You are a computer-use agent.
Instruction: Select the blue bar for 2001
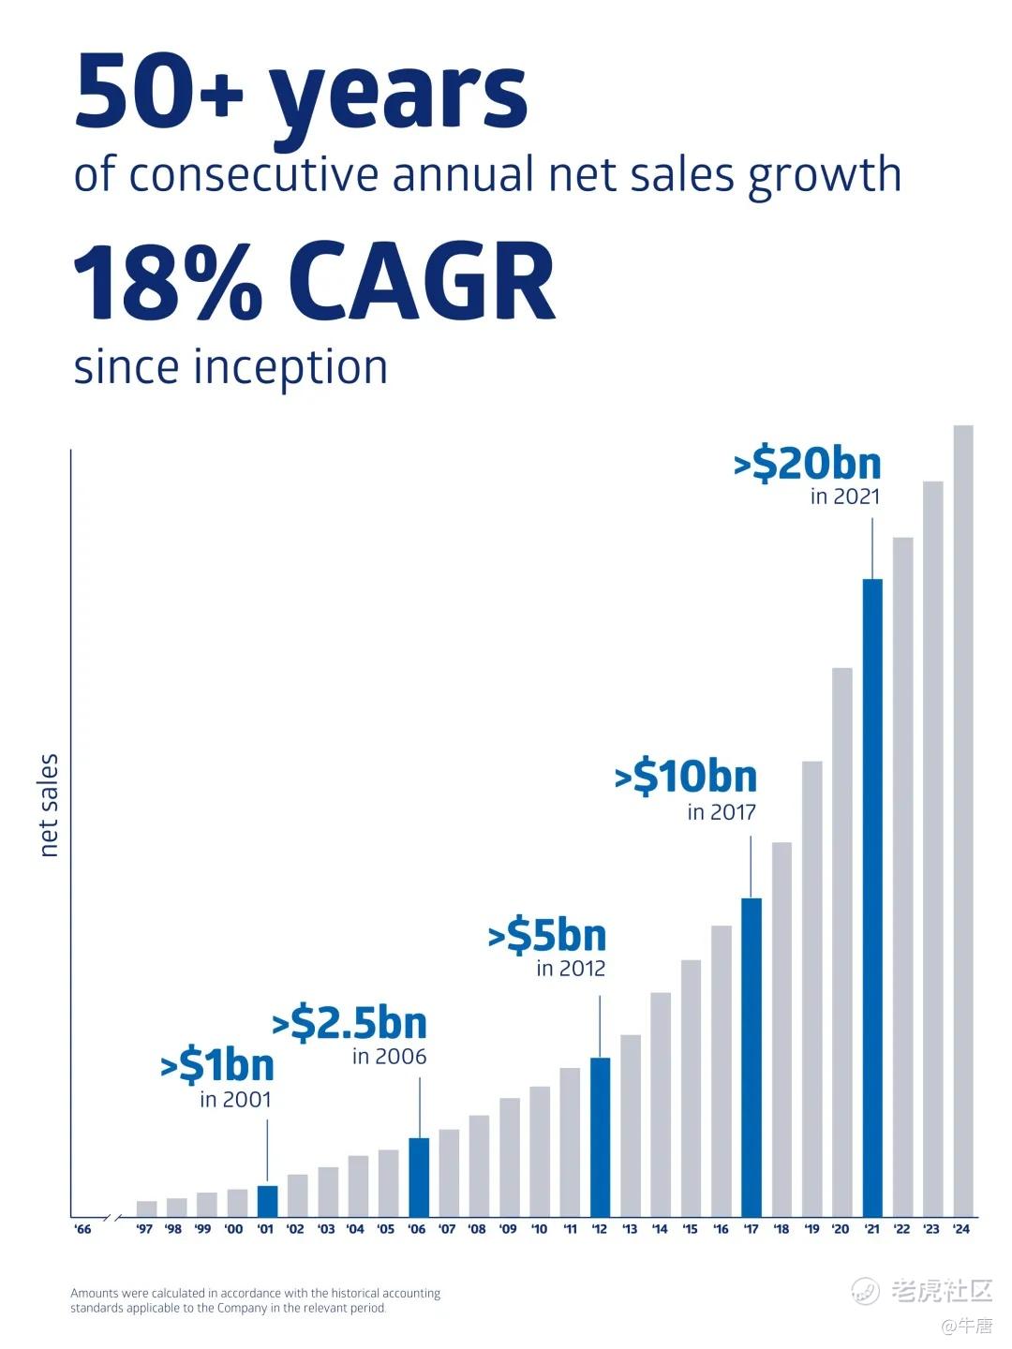267,1200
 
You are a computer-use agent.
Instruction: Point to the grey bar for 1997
146,1208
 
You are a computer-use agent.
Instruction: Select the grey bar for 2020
842,941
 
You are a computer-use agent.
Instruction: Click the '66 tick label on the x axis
82,1229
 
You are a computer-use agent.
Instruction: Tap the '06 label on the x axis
417,1229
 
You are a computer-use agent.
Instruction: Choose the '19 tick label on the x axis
811,1229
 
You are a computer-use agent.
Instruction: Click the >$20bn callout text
808,464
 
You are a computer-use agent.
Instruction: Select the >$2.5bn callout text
350,1023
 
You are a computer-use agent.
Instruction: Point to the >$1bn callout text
217,1065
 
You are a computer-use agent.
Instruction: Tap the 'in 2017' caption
722,812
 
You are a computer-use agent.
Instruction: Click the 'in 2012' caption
571,969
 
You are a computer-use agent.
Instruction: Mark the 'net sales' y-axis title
49,805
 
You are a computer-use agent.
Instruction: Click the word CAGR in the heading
422,282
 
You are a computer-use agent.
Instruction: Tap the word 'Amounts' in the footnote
94,1293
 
